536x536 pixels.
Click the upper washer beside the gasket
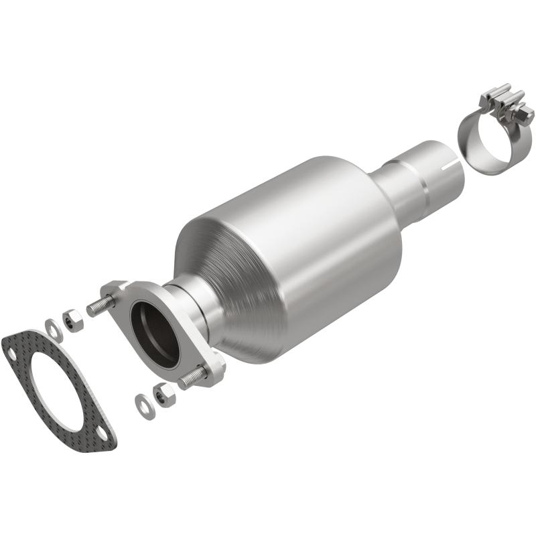[54, 328]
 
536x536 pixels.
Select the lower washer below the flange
[144, 405]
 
